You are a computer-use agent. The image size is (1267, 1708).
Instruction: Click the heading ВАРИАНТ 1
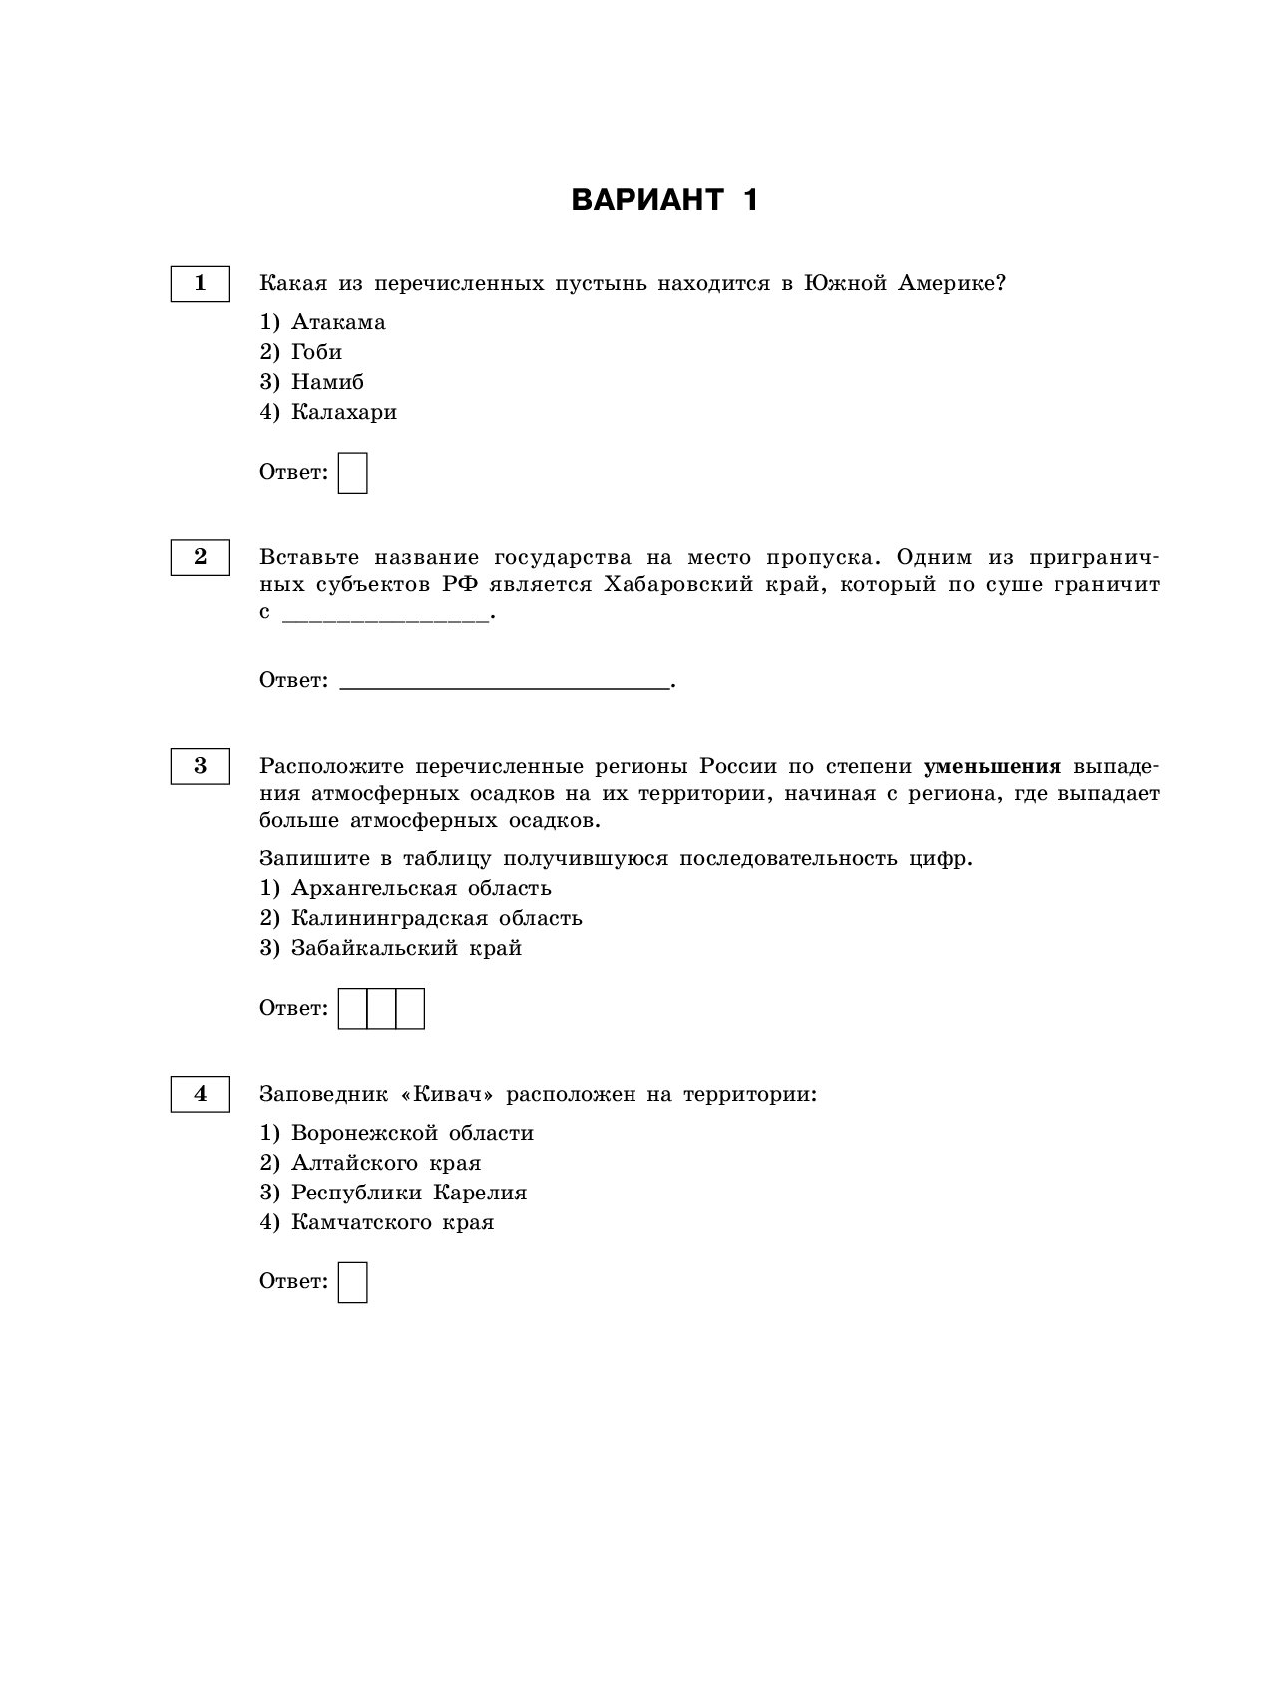(664, 200)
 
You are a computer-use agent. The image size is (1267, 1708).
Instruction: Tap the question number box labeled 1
(200, 283)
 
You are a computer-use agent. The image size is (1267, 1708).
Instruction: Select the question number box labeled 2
(200, 557)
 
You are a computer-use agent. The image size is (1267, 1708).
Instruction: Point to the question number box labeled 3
(200, 766)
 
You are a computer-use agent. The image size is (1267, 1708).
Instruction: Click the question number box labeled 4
(200, 1094)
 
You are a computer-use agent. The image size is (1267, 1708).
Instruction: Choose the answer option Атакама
(337, 322)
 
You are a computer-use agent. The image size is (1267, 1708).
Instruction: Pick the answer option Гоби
(316, 352)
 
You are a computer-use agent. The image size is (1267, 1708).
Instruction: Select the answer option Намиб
(327, 382)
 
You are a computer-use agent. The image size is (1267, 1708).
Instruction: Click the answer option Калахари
(343, 412)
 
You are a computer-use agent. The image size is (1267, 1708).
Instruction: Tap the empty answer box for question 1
(353, 473)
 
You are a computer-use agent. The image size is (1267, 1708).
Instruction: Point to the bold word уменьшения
(993, 766)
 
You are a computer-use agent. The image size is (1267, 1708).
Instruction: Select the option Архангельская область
(420, 888)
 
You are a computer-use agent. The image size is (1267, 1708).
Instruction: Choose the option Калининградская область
(436, 918)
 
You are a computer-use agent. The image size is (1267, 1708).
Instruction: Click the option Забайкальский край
(406, 948)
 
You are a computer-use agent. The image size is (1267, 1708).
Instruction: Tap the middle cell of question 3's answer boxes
(382, 1008)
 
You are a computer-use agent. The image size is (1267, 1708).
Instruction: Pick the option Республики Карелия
(408, 1193)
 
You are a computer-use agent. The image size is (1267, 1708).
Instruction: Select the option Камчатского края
(392, 1222)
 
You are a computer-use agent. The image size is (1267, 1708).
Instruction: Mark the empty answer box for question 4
(353, 1282)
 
